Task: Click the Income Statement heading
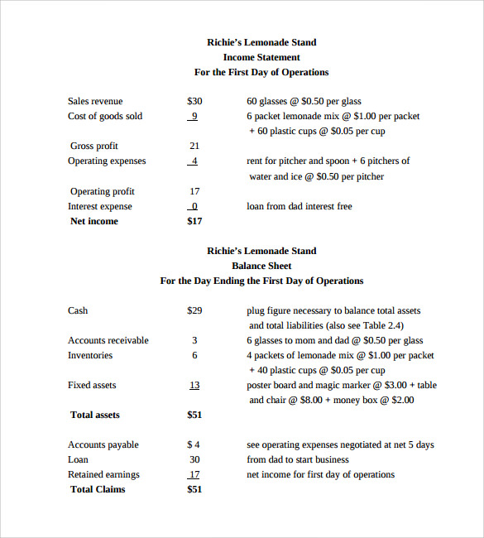coord(261,57)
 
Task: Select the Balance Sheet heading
coord(261,266)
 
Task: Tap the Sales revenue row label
coord(95,101)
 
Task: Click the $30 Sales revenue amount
coord(194,101)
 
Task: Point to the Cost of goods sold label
coord(105,116)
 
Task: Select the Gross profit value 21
coord(194,146)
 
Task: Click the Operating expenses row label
coord(107,161)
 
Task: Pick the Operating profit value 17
coord(194,191)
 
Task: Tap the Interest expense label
coord(100,206)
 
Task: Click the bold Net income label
coord(94,221)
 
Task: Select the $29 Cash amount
coord(194,310)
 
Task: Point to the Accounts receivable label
coord(108,340)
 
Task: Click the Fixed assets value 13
coord(194,385)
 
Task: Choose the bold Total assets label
coord(95,415)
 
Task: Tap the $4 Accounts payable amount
coord(194,444)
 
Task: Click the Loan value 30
coord(194,459)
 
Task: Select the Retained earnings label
coord(103,474)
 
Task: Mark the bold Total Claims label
coord(98,489)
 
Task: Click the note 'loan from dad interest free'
coord(300,206)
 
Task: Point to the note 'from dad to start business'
coord(298,459)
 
